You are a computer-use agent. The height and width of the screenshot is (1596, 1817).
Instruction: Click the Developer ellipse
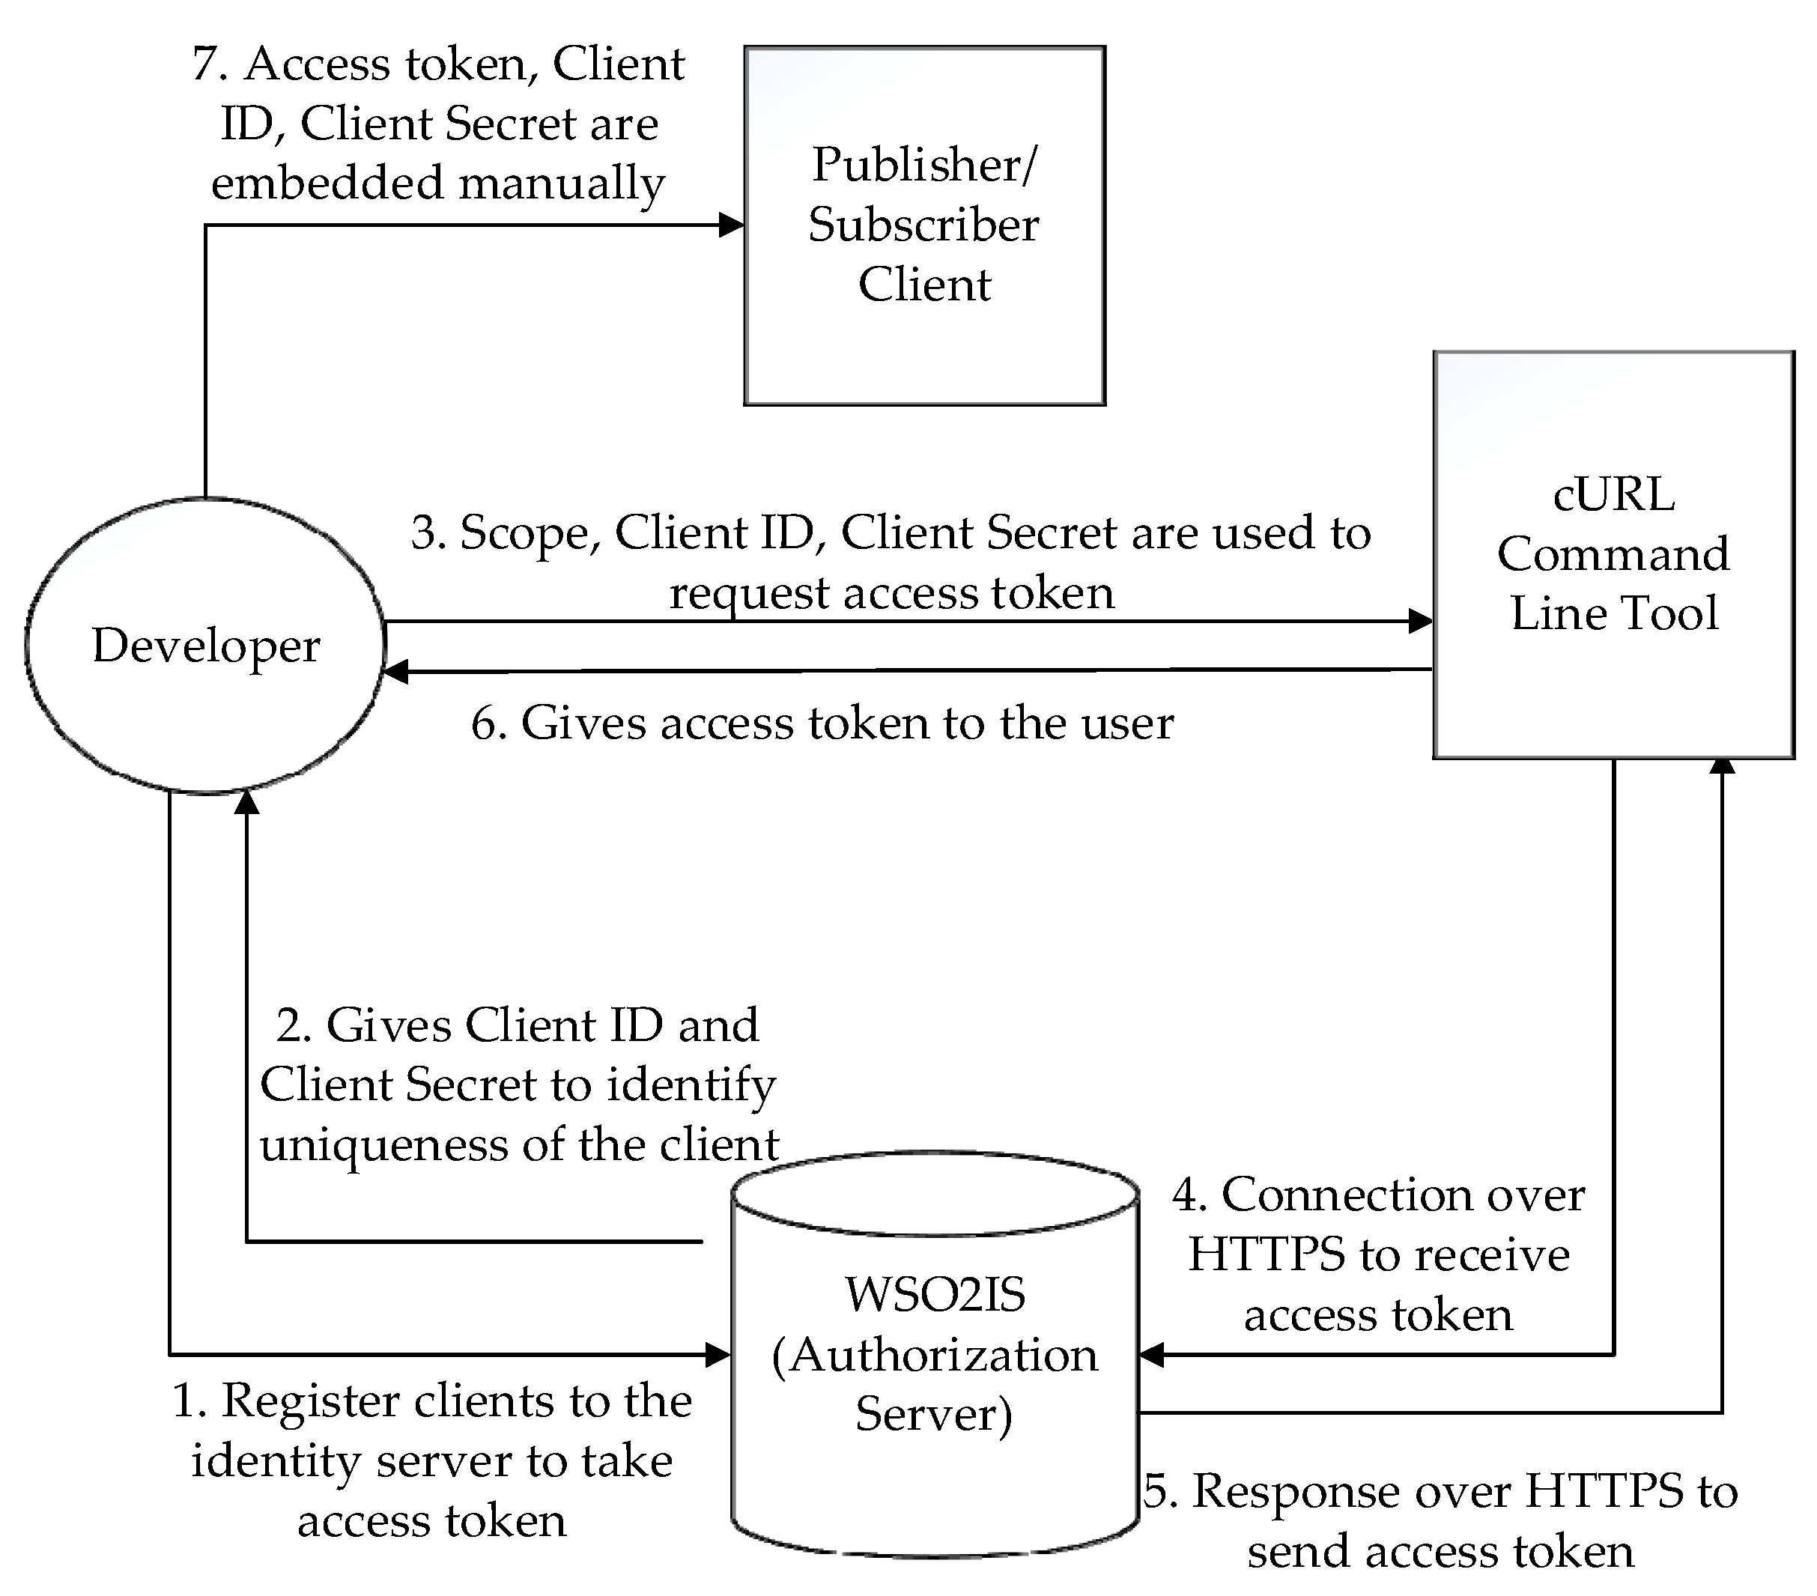tap(205, 645)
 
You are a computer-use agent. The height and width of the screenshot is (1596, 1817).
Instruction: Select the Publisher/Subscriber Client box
tap(924, 226)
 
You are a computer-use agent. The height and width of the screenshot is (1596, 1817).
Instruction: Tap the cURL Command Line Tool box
tap(1613, 554)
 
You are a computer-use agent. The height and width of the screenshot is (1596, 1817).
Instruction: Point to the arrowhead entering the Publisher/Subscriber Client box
tap(732, 225)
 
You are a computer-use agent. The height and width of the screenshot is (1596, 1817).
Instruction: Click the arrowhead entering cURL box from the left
tap(1421, 622)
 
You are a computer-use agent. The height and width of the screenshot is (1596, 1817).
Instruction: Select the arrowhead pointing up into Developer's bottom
tap(246, 802)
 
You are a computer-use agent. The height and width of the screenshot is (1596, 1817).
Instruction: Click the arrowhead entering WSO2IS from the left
tap(718, 1355)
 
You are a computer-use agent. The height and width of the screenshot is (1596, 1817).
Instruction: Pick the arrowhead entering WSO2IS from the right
tap(1152, 1355)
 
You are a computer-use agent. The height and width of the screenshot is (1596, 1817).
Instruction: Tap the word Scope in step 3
tap(524, 533)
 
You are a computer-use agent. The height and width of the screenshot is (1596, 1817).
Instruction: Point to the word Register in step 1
tap(310, 1401)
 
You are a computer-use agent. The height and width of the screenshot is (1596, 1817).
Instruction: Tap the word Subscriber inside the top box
tap(923, 224)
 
